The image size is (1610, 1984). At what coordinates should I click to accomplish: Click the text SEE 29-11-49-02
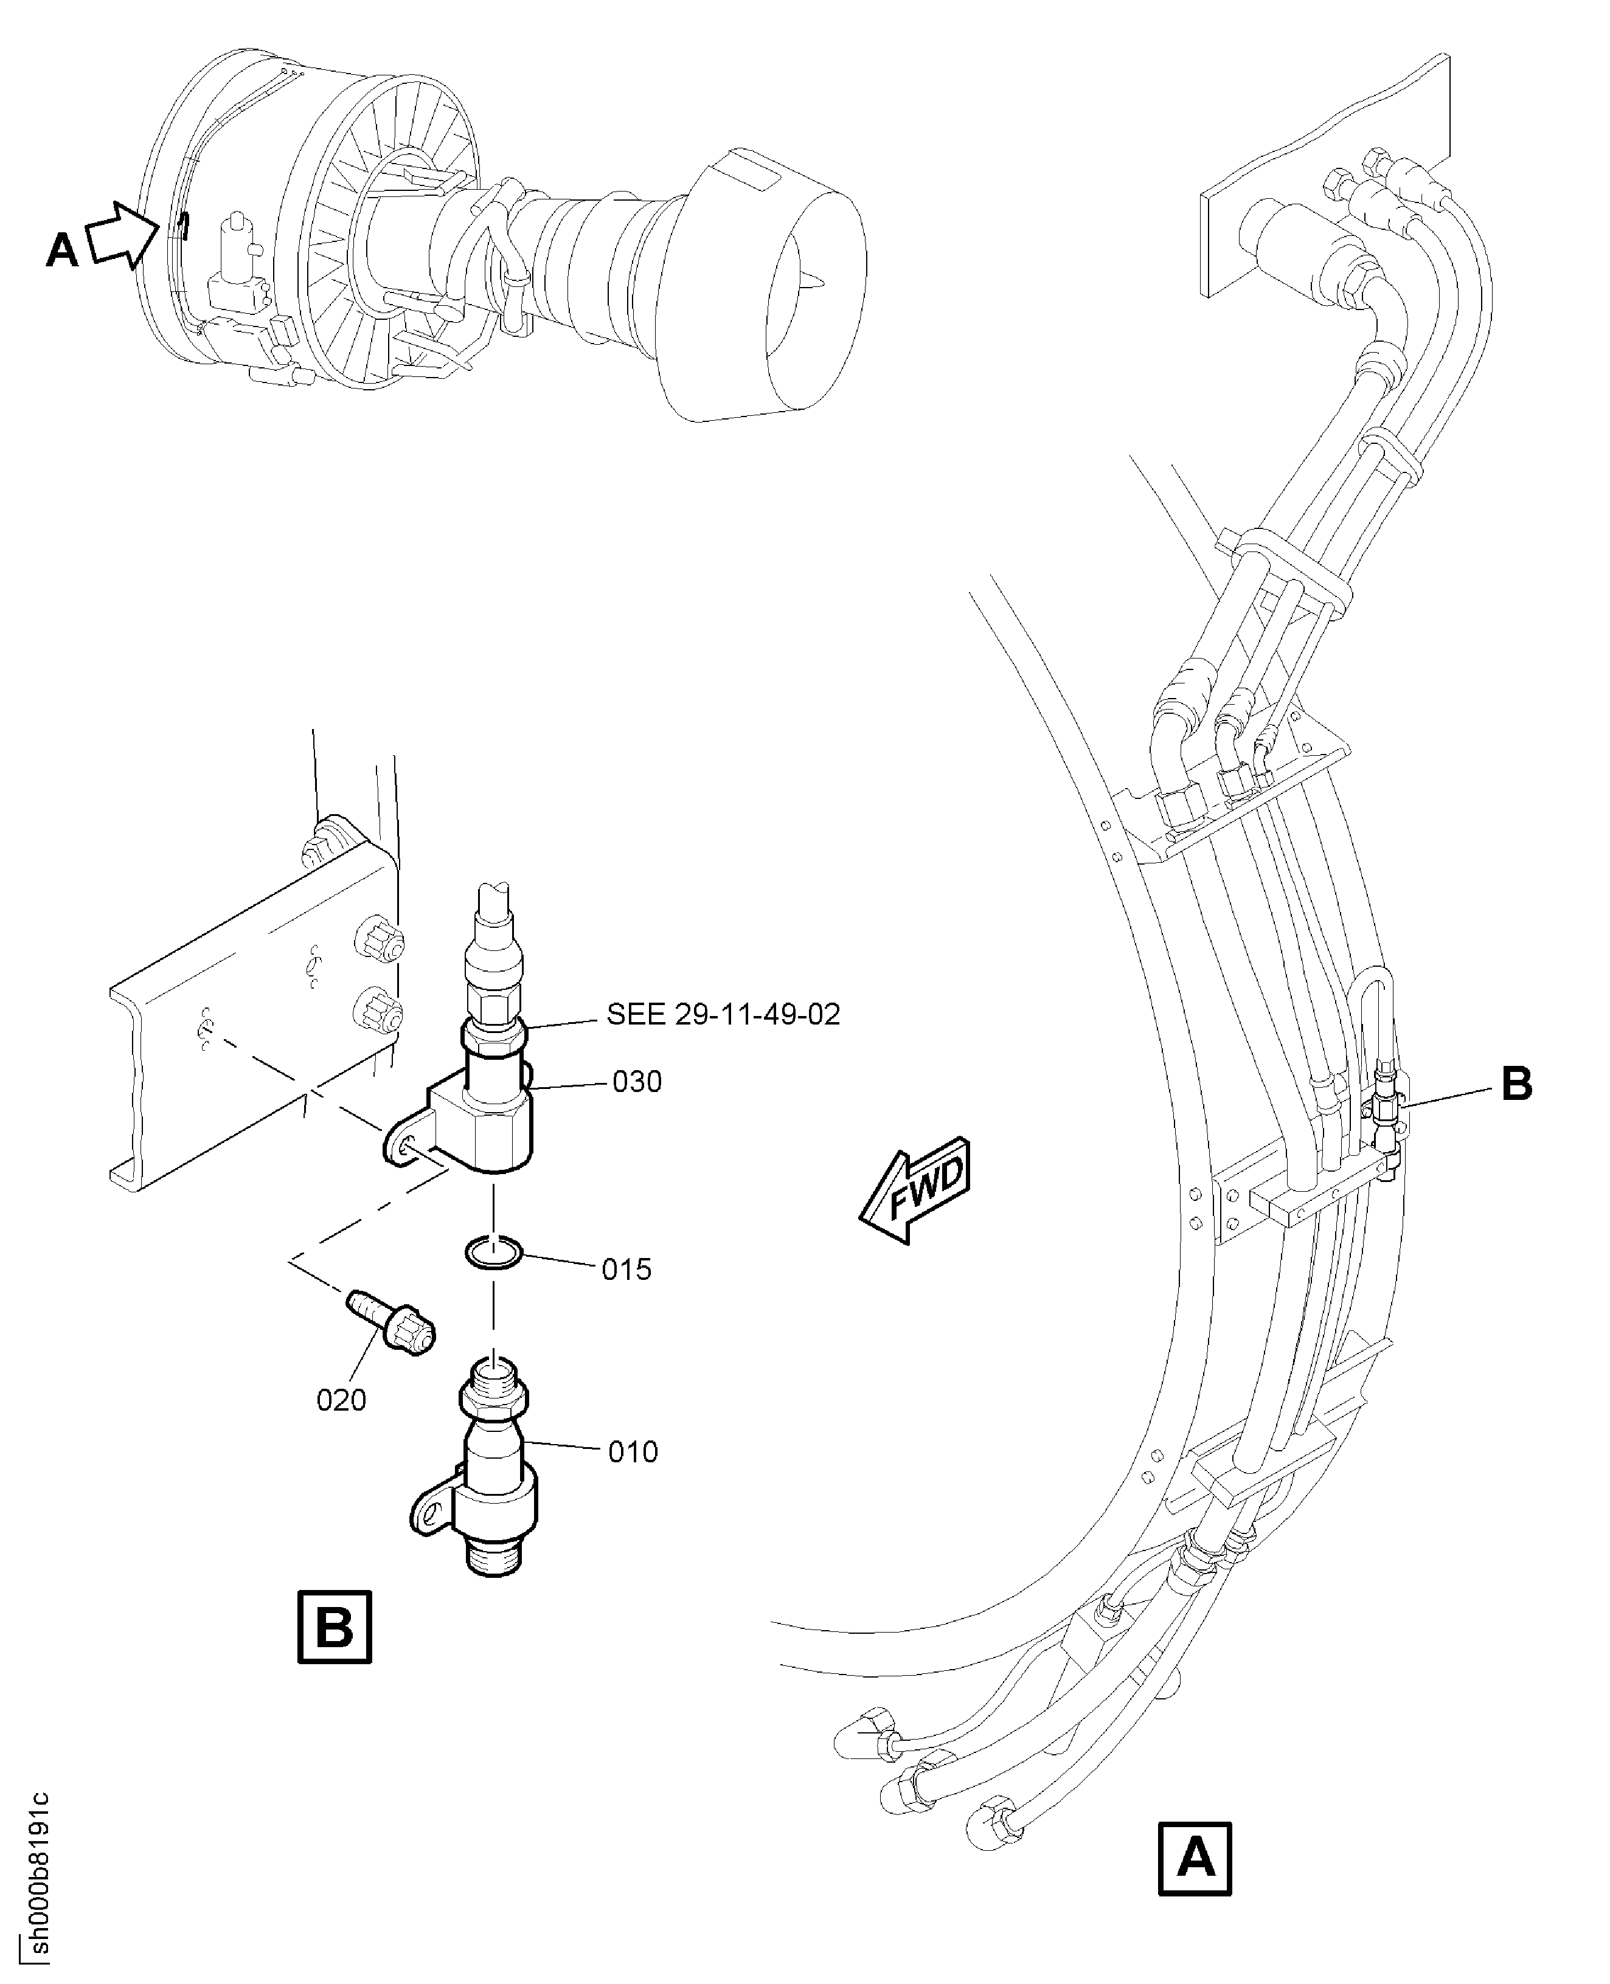point(723,1014)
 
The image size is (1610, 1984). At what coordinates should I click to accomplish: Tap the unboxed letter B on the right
point(1516,1083)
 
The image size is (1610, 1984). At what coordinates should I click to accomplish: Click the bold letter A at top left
point(62,251)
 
